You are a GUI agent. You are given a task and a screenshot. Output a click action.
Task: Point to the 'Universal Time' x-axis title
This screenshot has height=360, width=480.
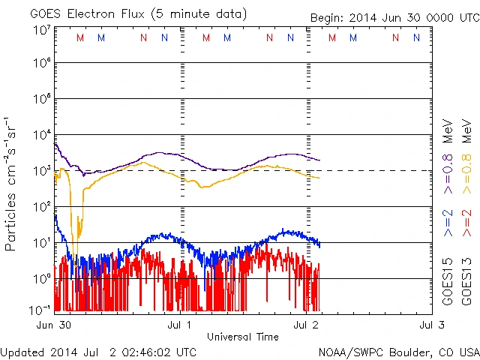[242, 337]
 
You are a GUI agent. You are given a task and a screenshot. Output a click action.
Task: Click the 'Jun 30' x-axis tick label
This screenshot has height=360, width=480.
[54, 325]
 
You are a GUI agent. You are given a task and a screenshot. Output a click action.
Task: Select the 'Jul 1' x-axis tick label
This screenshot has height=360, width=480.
[180, 325]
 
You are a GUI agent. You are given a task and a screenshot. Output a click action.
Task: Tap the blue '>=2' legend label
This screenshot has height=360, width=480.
[448, 222]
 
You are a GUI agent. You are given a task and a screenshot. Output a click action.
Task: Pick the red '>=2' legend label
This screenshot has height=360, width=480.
[466, 222]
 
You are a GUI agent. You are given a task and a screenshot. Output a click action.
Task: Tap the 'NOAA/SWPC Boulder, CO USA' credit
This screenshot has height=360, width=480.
[397, 352]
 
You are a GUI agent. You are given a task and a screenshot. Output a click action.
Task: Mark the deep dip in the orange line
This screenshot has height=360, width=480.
[74, 238]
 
